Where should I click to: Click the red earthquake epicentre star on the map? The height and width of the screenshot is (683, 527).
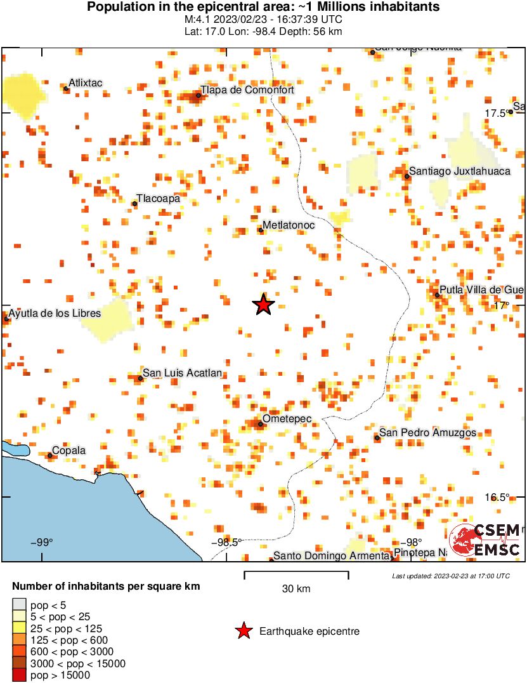(x=264, y=305)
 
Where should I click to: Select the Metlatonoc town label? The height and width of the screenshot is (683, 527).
(x=289, y=225)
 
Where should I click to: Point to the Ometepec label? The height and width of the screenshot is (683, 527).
(x=287, y=420)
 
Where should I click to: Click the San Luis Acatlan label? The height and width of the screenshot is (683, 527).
(x=182, y=373)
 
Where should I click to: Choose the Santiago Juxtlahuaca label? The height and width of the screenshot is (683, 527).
(x=459, y=171)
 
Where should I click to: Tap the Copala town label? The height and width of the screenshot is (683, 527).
(x=68, y=450)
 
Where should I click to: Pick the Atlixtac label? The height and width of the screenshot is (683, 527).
(x=85, y=83)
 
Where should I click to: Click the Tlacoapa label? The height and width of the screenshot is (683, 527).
(x=159, y=199)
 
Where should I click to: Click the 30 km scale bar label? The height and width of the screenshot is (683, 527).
(x=296, y=589)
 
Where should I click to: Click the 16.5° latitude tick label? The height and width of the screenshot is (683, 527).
(x=498, y=497)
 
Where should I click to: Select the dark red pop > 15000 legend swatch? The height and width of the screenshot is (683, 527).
(x=20, y=675)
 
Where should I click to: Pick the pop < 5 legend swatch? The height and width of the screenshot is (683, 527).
(x=20, y=604)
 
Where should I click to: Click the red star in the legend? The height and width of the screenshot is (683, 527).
(x=243, y=631)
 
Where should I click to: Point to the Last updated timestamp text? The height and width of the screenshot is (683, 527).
(x=451, y=576)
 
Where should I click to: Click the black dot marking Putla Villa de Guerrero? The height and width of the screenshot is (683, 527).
(x=437, y=295)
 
